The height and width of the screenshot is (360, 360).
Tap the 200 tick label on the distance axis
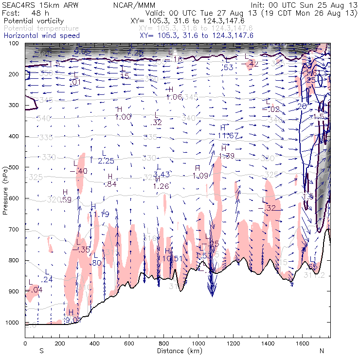[x=59, y=343]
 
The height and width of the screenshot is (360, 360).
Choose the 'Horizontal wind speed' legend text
[x=41, y=36]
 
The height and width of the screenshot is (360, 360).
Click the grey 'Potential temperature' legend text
[x=41, y=29]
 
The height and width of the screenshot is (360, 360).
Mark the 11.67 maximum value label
[x=228, y=135]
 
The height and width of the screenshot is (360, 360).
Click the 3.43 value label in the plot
[x=161, y=175]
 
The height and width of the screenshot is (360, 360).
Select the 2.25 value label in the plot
[x=106, y=161]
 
